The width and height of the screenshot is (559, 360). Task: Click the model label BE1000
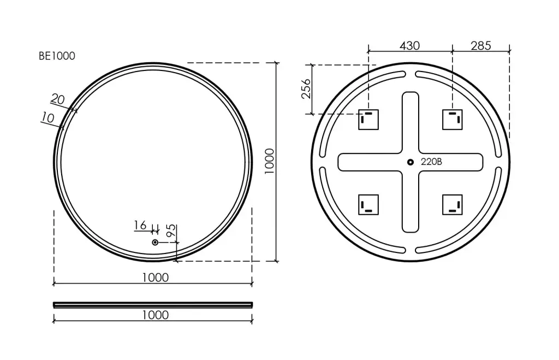57,56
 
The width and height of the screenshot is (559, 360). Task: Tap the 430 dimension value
409,46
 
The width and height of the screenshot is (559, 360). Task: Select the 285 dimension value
480,46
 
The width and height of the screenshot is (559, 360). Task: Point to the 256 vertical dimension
306,89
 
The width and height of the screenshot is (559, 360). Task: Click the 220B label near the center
431,162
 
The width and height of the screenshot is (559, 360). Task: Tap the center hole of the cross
411,162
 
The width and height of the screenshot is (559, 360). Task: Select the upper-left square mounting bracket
368,120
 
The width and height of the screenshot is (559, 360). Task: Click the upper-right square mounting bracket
453,120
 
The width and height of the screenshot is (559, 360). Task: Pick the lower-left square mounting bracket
368,205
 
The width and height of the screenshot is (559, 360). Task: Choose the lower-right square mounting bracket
453,205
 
